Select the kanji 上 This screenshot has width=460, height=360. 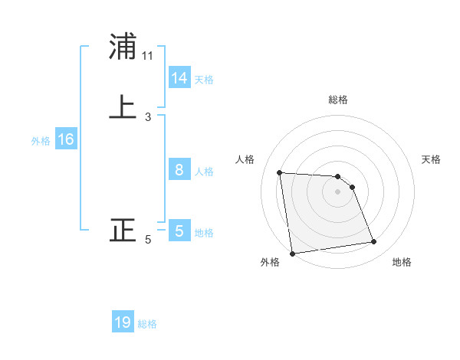pos(123,106)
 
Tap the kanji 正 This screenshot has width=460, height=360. pos(123,230)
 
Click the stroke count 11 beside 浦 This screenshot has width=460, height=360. pos(148,56)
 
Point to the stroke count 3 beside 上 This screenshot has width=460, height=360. pos(148,117)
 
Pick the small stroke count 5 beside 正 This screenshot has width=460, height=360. pos(148,240)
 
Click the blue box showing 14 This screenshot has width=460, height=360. pos(179,78)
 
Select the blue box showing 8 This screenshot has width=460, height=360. pos(179,170)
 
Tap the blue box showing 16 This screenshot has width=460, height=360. pos(66,139)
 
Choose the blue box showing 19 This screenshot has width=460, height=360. pos(123,322)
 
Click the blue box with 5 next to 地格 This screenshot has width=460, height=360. pos(179,231)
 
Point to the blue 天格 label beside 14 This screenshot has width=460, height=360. pos(204,79)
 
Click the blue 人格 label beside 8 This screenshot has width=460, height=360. pos(204,171)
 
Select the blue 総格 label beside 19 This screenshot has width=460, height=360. pos(147,324)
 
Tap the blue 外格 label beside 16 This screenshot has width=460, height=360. pos(41,140)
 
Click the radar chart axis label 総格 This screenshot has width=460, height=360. pos(338,100)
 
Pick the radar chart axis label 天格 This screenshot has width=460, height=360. pos(432,159)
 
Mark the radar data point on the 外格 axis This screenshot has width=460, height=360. pos(292,253)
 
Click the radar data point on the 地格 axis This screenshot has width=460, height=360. pos(374,242)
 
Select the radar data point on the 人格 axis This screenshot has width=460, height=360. pos(280,172)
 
